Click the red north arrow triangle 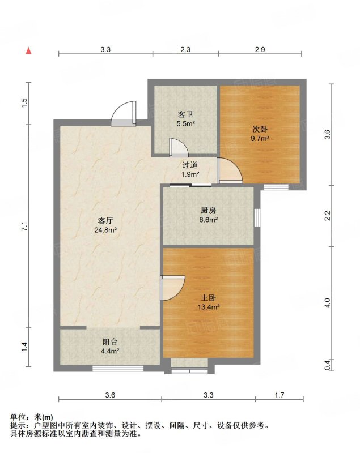[x=28, y=50]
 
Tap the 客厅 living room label [x=105, y=221]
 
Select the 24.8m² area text [x=105, y=230]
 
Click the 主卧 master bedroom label [x=209, y=298]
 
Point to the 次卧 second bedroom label [x=260, y=129]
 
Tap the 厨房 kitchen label [x=208, y=211]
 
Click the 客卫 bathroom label [x=185, y=115]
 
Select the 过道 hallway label [x=190, y=165]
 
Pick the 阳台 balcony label [x=110, y=342]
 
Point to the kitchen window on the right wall [x=257, y=217]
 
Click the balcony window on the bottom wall [x=118, y=369]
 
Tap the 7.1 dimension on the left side [x=24, y=225]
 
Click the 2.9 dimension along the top [x=260, y=49]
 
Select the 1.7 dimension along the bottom [x=279, y=395]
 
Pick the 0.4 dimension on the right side [x=328, y=365]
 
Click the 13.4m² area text [x=209, y=307]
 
